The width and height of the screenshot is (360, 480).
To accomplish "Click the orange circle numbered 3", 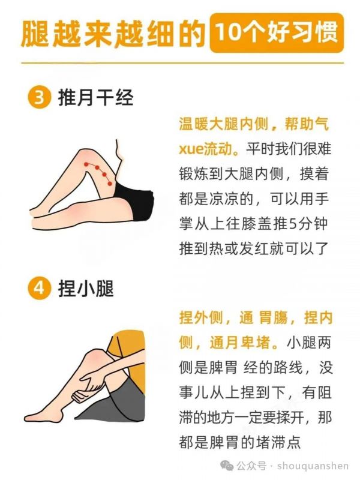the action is click(39, 98).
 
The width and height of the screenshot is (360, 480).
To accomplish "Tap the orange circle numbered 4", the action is click(39, 289).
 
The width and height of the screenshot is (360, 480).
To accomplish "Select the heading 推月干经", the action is click(95, 98).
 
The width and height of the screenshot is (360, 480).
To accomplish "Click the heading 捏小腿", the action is click(86, 289).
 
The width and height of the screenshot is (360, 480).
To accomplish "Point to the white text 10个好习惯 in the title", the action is click(277, 32).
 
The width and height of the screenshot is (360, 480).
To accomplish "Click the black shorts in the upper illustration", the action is click(136, 200).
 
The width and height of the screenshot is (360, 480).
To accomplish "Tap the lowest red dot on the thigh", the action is click(110, 184).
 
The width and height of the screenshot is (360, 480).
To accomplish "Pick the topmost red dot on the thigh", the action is click(86, 164).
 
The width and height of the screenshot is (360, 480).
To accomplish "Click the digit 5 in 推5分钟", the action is click(293, 224).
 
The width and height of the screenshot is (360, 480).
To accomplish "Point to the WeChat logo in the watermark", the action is click(227, 466).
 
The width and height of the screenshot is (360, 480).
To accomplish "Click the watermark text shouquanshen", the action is click(313, 466).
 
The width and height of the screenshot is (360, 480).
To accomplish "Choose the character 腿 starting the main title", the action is click(35, 33).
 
